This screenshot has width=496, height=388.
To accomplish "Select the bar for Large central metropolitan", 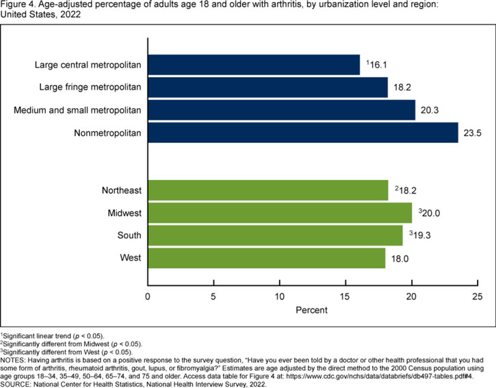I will click(x=253, y=65).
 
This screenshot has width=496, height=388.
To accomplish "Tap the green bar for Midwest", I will click(x=279, y=213).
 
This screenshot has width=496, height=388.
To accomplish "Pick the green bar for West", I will click(x=266, y=258).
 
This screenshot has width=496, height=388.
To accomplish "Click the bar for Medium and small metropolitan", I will click(x=281, y=110).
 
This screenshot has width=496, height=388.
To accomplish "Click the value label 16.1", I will click(x=377, y=65).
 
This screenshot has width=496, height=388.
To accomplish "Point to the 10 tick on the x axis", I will click(x=280, y=296).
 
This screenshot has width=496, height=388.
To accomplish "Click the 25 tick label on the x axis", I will click(x=477, y=296).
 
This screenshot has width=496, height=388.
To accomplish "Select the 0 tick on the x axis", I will click(x=148, y=296).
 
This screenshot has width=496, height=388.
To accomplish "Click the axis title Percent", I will click(x=311, y=310).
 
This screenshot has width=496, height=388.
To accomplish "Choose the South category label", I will click(x=129, y=235).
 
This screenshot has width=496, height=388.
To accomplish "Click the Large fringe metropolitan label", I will click(x=88, y=88).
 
